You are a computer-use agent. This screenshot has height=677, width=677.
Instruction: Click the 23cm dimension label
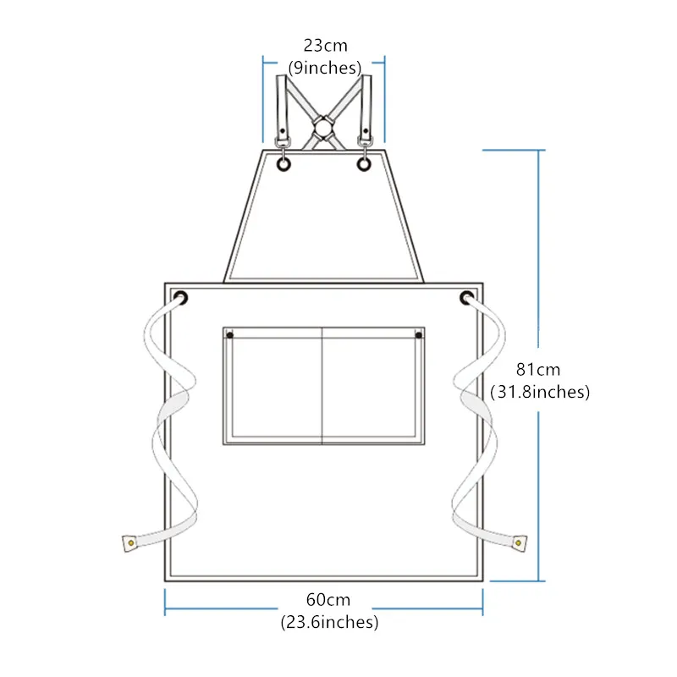click(325, 46)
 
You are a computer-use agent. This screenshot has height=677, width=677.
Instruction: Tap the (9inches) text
click(325, 68)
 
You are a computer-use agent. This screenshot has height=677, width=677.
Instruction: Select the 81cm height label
click(538, 370)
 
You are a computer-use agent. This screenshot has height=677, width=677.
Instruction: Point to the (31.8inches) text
click(540, 392)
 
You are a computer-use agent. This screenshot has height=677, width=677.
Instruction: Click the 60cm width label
click(328, 600)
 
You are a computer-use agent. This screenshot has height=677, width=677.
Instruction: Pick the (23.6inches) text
click(329, 622)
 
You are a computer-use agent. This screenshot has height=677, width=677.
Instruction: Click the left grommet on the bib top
click(283, 164)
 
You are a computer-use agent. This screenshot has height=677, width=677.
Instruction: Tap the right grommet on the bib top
click(364, 164)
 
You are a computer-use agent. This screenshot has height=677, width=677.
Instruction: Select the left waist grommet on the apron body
click(180, 298)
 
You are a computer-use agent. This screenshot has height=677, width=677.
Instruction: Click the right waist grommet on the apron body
click(467, 298)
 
